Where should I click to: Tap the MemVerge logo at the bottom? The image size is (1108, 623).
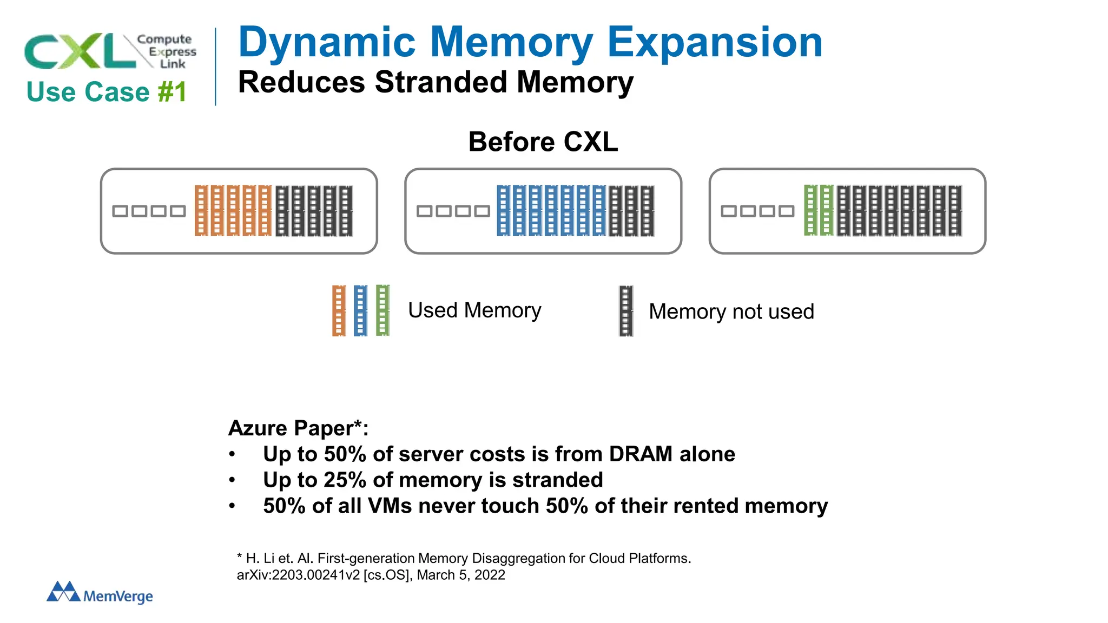click(x=100, y=593)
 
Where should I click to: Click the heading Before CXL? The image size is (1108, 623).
click(x=543, y=142)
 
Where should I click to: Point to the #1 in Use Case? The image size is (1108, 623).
click(x=172, y=92)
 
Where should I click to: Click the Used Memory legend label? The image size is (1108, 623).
click(x=474, y=310)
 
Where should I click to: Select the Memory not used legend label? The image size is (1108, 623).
click(x=731, y=311)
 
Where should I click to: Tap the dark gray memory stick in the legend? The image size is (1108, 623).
click(x=626, y=311)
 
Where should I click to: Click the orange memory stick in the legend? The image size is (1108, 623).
click(x=339, y=311)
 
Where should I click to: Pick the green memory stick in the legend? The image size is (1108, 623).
click(x=382, y=310)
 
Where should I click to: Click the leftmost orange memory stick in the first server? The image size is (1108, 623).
click(x=201, y=210)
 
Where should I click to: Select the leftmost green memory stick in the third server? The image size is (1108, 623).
click(x=810, y=210)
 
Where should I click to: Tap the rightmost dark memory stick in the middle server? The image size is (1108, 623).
click(x=647, y=210)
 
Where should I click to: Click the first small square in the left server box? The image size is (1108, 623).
click(x=120, y=211)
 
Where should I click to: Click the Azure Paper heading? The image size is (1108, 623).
click(x=298, y=428)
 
